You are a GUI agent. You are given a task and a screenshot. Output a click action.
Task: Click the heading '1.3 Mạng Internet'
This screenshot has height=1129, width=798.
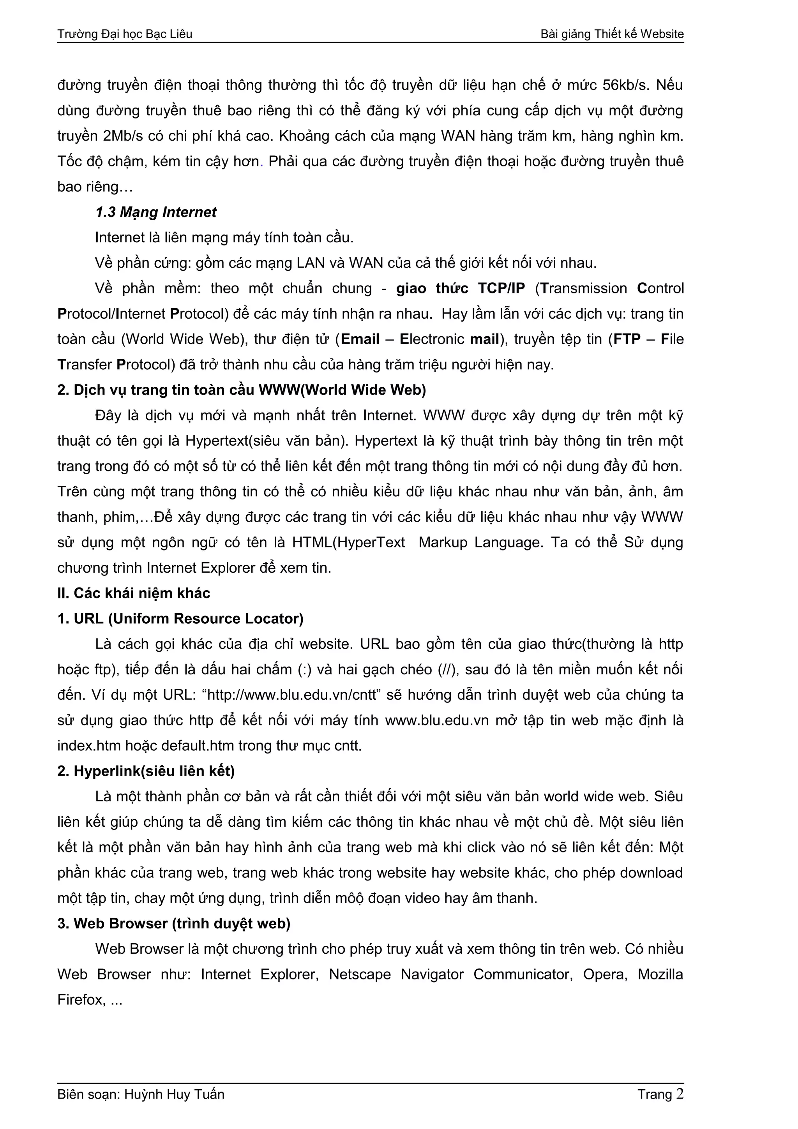[155, 212]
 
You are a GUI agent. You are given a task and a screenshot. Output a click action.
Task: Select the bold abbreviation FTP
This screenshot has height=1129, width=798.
[627, 339]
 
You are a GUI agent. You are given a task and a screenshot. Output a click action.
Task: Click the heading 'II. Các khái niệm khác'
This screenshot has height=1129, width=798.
[134, 593]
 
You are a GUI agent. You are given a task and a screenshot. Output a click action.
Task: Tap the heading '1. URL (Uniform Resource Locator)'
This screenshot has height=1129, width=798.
[180, 619]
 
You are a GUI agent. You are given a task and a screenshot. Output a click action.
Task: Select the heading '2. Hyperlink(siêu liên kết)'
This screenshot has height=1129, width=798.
[146, 771]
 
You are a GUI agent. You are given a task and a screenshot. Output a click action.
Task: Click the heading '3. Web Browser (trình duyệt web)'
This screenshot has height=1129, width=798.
[174, 923]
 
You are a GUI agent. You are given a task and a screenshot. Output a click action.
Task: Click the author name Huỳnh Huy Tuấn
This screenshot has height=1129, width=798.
[174, 1095]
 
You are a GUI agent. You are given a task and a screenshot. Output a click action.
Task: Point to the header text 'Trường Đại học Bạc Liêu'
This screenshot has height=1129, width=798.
[125, 34]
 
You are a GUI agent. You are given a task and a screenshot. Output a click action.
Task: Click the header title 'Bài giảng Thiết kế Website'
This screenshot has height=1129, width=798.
[612, 34]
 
